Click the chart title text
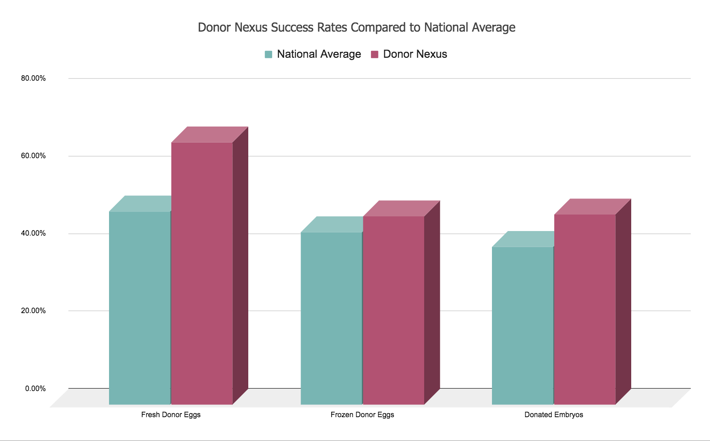tap(356, 28)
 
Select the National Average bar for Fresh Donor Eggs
tap(140, 307)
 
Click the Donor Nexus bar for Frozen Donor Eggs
tap(393, 310)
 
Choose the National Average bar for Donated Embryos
tap(522, 325)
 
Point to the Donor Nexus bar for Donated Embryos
tap(584, 309)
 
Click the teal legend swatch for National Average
tap(268, 55)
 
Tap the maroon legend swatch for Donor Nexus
tap(375, 55)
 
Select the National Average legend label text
tap(319, 54)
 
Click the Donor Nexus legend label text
tap(415, 54)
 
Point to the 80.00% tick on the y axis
tap(33, 78)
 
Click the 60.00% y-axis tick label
tap(33, 156)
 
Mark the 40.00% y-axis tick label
tap(33, 233)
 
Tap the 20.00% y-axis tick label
tap(33, 311)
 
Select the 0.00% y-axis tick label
tap(35, 389)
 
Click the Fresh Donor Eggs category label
tap(171, 415)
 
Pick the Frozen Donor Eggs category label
tap(362, 415)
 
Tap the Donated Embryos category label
tap(554, 415)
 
